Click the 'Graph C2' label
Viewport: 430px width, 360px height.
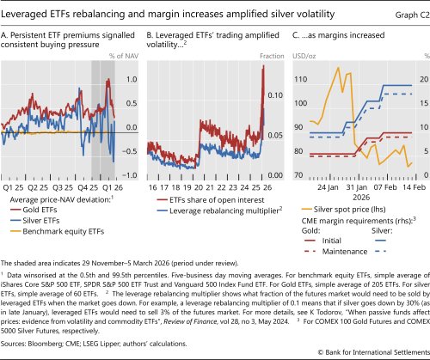pos(402,13)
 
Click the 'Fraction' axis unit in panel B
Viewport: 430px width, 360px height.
pos(267,57)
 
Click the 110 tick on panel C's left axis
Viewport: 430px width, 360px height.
pos(301,79)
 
